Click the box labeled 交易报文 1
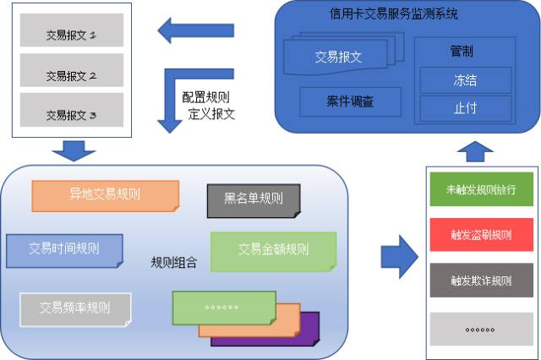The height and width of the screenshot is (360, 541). [x=71, y=35]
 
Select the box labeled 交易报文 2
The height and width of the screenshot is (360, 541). [x=71, y=74]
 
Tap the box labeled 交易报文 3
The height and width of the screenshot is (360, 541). [x=71, y=113]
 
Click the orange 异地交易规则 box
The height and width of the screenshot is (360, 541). [x=105, y=195]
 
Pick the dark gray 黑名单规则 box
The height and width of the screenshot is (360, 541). [x=253, y=200]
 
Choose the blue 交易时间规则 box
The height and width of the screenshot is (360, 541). [x=63, y=248]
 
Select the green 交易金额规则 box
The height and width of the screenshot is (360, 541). [x=273, y=249]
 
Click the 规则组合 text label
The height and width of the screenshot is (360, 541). [x=173, y=262]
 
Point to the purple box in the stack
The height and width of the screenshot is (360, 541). [x=309, y=334]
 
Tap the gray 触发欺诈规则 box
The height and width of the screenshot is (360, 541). [x=480, y=281]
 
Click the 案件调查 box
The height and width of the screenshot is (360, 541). [x=350, y=102]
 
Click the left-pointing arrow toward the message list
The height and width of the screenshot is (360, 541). [x=196, y=31]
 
